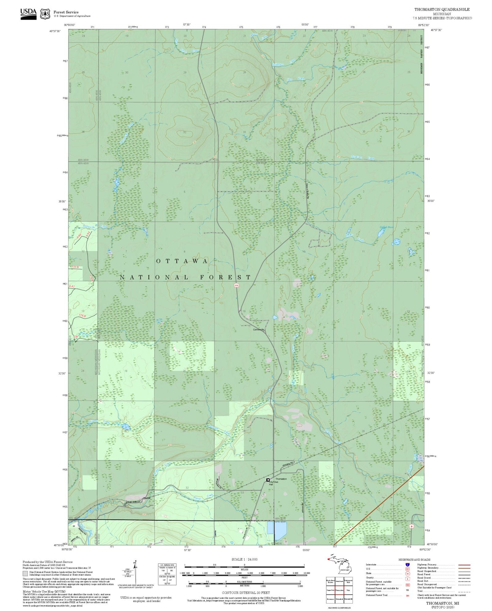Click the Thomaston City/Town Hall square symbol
coord(268,480)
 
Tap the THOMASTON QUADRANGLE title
coord(442,9)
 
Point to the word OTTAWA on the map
coord(182,261)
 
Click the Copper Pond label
coord(386,227)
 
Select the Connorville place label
coord(258,329)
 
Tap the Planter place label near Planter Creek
coord(147,498)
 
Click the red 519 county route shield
coord(236,286)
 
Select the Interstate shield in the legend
coord(407,564)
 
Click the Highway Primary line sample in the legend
coord(464,565)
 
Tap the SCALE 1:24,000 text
coord(244,559)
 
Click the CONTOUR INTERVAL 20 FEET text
coord(244,593)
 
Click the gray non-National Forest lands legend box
coord(25,573)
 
